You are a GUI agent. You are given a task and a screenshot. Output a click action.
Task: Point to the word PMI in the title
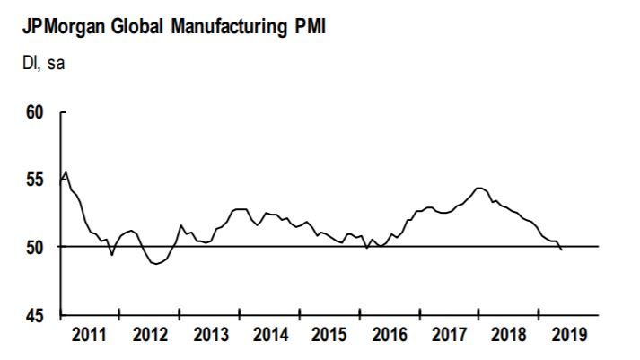pyautogui.click(x=302, y=27)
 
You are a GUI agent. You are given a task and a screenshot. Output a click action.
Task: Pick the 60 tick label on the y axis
pyautogui.click(x=35, y=113)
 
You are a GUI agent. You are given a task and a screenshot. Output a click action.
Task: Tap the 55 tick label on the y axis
pyautogui.click(x=35, y=180)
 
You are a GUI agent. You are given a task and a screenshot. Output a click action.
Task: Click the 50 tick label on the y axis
pyautogui.click(x=35, y=247)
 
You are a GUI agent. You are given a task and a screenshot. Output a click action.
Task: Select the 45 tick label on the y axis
pyautogui.click(x=35, y=314)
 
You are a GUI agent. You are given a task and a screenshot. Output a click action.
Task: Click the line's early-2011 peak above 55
pyautogui.click(x=66, y=172)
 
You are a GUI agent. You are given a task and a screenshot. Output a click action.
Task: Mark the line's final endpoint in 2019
pyautogui.click(x=562, y=250)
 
